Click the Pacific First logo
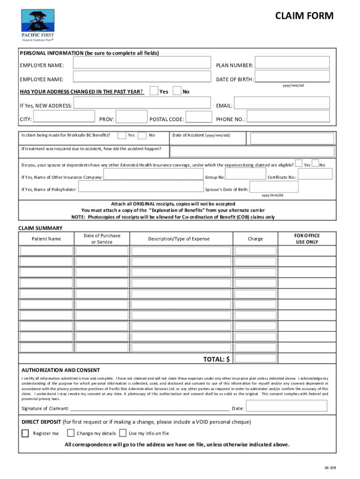click(37, 25)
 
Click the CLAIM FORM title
click(304, 16)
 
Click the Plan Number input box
click(293, 63)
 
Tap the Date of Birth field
click(293, 77)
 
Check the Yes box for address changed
click(153, 91)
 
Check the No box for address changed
click(177, 91)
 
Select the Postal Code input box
click(199, 117)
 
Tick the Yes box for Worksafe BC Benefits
click(122, 135)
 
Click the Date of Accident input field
click(292, 138)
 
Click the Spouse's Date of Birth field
click(274, 187)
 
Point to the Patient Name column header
click(46, 239)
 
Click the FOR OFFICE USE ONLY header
click(307, 239)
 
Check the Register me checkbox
click(25, 433)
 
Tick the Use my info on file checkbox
click(123, 433)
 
